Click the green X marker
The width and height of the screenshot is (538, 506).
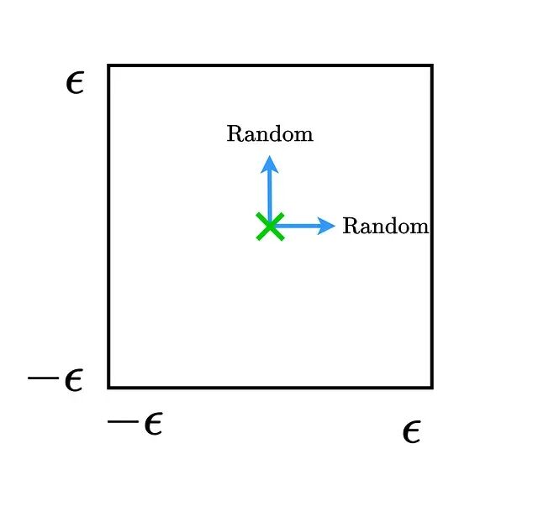point(270,227)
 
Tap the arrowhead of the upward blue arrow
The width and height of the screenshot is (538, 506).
point(269,163)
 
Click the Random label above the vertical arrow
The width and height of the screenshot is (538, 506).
point(270,134)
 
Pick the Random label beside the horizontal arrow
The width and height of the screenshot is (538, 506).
point(386,227)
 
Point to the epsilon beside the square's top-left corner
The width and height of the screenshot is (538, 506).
point(75,83)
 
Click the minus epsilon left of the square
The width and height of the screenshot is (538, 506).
point(55,380)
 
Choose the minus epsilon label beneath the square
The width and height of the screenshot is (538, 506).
point(134,424)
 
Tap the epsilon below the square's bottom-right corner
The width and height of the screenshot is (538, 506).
point(411,433)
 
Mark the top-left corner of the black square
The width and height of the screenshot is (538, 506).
point(109,65)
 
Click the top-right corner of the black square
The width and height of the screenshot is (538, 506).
point(431,65)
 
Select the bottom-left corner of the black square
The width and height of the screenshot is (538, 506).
point(109,387)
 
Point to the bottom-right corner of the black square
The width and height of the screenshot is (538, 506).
point(431,387)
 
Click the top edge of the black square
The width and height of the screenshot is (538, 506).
point(270,65)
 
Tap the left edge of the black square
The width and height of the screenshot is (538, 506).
point(109,227)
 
